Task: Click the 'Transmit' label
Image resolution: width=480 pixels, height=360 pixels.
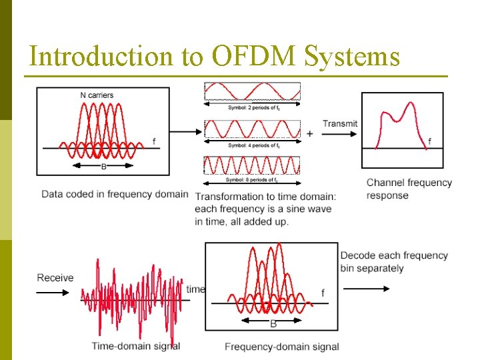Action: [x=339, y=123]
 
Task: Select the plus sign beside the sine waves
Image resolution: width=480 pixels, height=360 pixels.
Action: [x=309, y=133]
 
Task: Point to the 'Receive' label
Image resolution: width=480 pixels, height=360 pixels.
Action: [x=55, y=277]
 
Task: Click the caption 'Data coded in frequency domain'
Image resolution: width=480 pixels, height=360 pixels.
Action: [x=115, y=195]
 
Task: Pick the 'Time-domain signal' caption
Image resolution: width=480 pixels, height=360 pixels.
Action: [x=136, y=346]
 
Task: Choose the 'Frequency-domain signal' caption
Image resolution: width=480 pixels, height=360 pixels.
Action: [x=281, y=347]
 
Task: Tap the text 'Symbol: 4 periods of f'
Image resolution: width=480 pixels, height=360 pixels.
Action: [x=251, y=145]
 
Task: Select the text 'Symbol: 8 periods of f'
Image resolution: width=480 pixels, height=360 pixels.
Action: [x=251, y=180]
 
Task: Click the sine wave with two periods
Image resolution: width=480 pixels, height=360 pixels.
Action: [x=251, y=91]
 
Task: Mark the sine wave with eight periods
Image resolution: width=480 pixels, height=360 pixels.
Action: [x=251, y=165]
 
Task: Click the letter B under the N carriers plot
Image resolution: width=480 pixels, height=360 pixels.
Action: [x=103, y=166]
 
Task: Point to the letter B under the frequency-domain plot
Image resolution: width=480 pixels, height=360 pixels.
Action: [x=273, y=324]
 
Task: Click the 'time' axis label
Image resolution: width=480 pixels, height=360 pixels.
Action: [x=195, y=289]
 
